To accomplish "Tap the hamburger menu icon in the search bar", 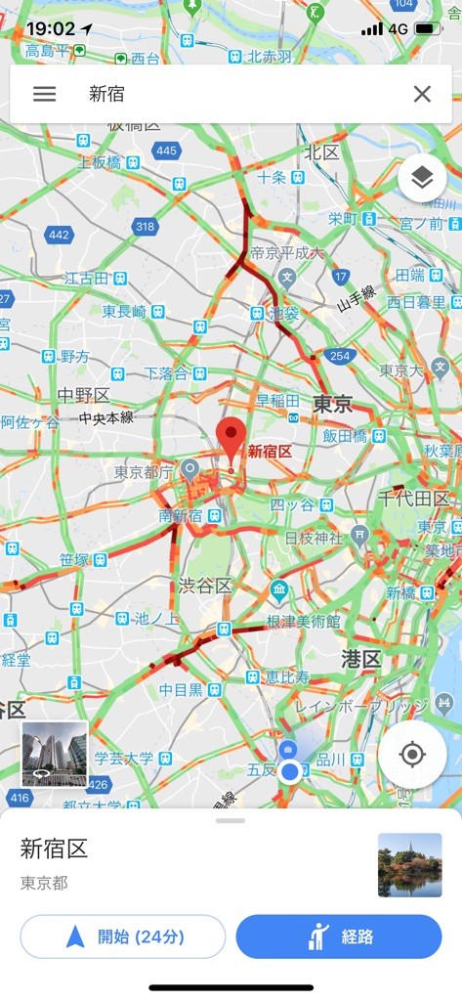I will point(44,94).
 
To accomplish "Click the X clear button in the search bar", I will point(422,94).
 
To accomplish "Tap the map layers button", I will point(422,178).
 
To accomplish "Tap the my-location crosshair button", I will point(412,754).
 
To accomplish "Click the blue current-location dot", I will point(289,772).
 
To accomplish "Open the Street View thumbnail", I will point(55,754).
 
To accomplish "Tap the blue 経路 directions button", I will point(338,936).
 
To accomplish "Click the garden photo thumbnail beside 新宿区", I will point(409,865).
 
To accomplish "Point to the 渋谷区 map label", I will point(204,586).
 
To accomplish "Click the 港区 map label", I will point(360,658).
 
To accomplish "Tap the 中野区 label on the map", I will point(83,395).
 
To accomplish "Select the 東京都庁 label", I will point(143,472).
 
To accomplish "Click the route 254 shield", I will point(340,356).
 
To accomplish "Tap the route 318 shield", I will point(145,227).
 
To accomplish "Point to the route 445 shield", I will point(166,150).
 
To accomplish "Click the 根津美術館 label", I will point(306,621).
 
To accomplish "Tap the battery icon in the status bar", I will point(429,28).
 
